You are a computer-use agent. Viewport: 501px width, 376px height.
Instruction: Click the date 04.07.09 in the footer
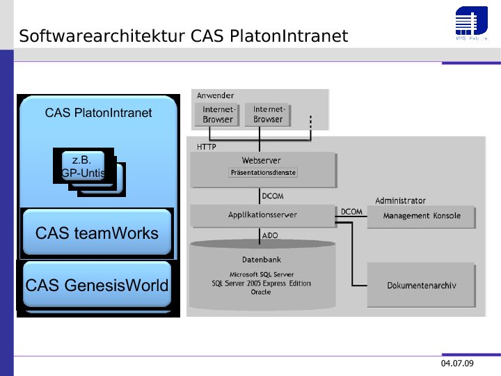click(x=457, y=364)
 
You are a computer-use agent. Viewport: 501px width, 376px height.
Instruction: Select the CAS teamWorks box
click(x=97, y=233)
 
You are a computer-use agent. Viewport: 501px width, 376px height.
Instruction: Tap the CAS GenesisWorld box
click(x=97, y=285)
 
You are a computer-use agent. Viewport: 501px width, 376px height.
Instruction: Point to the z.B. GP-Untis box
click(x=83, y=166)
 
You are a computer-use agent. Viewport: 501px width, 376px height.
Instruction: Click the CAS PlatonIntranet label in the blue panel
click(x=98, y=113)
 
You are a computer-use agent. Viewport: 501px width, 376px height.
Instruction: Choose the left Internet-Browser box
click(x=218, y=115)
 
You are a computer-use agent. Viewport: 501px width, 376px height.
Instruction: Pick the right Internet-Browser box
click(x=268, y=115)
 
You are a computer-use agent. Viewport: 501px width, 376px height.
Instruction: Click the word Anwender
click(x=215, y=95)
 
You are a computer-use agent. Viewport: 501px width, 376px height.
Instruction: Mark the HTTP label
click(x=207, y=147)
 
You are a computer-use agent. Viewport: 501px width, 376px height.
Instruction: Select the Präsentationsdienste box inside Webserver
click(x=263, y=172)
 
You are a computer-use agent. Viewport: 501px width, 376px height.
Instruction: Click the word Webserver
click(x=262, y=161)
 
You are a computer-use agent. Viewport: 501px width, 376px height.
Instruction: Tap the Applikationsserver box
click(x=262, y=215)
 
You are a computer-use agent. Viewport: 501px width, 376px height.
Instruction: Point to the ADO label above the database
click(x=270, y=235)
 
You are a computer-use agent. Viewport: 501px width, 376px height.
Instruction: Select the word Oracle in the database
click(x=261, y=292)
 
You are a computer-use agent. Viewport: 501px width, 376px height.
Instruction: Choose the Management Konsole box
click(x=422, y=216)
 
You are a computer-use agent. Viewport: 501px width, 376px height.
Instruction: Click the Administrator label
click(x=400, y=201)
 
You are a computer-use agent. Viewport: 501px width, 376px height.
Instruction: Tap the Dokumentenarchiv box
click(x=421, y=285)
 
